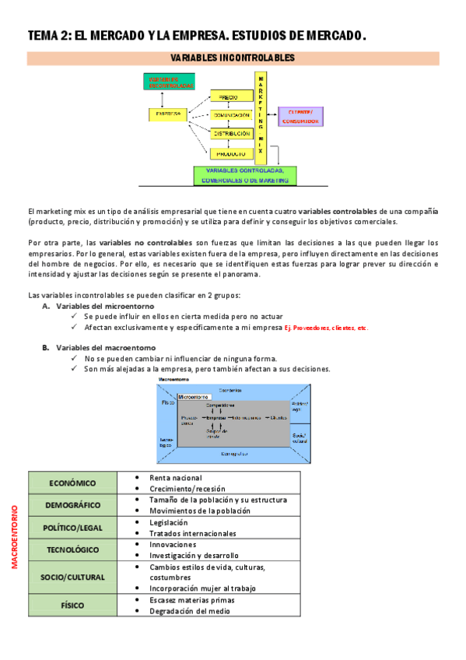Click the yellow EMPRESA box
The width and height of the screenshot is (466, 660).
168,114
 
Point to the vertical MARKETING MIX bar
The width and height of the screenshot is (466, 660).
261,117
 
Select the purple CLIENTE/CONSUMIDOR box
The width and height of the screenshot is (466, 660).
300,116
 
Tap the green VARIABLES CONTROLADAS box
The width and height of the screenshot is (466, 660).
244,175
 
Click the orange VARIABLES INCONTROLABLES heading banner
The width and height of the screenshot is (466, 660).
233,58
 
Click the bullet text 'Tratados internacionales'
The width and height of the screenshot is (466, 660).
193,534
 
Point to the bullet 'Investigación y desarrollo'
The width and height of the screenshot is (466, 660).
194,556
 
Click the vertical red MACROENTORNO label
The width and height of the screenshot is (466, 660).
15,537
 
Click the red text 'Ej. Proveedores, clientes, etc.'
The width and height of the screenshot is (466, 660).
325,328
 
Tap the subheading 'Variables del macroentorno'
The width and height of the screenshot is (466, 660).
106,347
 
